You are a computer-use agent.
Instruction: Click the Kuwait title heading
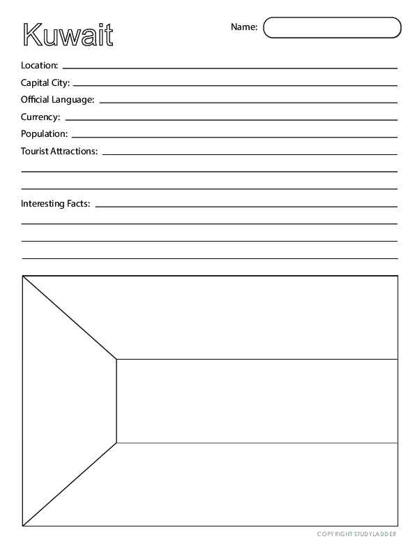pyautogui.click(x=68, y=34)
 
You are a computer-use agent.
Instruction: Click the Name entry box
pyautogui.click(x=333, y=27)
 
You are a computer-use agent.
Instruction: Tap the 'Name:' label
pyautogui.click(x=244, y=27)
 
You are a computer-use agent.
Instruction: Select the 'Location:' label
pyautogui.click(x=40, y=66)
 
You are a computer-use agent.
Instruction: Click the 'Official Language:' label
pyautogui.click(x=57, y=100)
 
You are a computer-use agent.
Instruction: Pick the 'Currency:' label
pyautogui.click(x=40, y=117)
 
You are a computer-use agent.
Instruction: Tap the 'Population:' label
pyautogui.click(x=44, y=133)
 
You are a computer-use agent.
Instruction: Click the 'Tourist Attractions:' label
pyautogui.click(x=59, y=151)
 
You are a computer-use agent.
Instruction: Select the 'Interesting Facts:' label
pyautogui.click(x=56, y=204)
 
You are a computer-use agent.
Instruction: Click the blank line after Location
pyautogui.click(x=229, y=68)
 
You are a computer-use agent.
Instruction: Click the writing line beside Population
pyautogui.click(x=234, y=135)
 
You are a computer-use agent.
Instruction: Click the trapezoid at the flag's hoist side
pyautogui.click(x=70, y=401)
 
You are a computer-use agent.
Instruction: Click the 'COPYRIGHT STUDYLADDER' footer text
pyautogui.click(x=357, y=534)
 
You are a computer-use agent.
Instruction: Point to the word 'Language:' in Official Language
pyautogui.click(x=75, y=100)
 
